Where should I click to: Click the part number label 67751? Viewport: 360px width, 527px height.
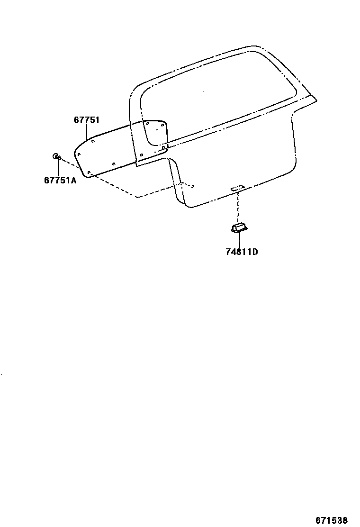(86, 120)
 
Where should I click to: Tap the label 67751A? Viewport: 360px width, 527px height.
(60, 180)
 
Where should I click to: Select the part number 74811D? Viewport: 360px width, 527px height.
(242, 252)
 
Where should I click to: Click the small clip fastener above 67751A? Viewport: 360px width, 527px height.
(56, 156)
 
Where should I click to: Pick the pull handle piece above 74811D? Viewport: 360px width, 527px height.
(239, 229)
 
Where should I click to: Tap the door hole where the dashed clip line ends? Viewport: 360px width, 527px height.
(192, 186)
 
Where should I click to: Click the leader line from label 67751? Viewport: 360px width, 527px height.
(86, 133)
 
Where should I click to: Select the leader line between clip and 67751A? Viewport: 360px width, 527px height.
(58, 167)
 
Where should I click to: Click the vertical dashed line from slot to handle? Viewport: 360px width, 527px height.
(238, 207)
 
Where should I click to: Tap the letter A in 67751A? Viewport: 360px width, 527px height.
(73, 180)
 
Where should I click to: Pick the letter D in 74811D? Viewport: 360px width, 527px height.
(255, 252)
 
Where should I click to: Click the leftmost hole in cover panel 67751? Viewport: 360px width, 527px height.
(79, 154)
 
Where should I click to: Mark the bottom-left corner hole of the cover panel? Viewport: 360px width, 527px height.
(90, 173)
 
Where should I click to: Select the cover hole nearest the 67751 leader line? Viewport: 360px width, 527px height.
(93, 141)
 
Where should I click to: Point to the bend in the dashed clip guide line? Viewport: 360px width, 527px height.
(138, 197)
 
